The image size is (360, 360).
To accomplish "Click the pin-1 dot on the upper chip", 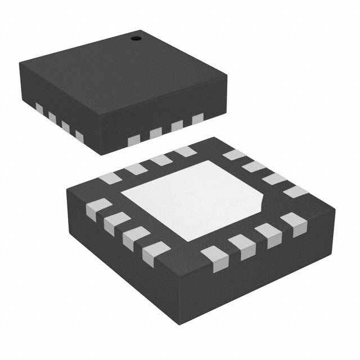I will pyautogui.click(x=136, y=39).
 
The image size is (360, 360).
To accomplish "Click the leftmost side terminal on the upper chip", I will pyautogui.click(x=39, y=107).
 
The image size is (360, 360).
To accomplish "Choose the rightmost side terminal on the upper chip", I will pyautogui.click(x=197, y=119).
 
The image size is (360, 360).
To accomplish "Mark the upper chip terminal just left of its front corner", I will pyautogui.click(x=79, y=137).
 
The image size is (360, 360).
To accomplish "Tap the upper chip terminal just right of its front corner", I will pyautogui.click(x=134, y=140).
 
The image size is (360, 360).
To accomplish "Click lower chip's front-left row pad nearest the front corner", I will pyautogui.click(x=156, y=254).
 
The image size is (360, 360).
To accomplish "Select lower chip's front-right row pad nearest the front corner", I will pyautogui.click(x=215, y=258).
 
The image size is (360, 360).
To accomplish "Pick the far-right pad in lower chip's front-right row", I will pyautogui.click(x=294, y=224).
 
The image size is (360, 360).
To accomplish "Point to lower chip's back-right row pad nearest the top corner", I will pyautogui.click(x=234, y=155).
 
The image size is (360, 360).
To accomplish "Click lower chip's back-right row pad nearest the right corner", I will pyautogui.click(x=296, y=192).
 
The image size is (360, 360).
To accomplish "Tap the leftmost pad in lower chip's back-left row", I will pyautogui.click(x=110, y=178).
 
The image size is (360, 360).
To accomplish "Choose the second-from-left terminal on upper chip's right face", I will pyautogui.click(x=156, y=133).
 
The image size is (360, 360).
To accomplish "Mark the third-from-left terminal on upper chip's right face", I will pyautogui.click(x=177, y=125).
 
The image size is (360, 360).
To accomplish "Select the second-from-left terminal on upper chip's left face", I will pyautogui.click(x=52, y=117).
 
